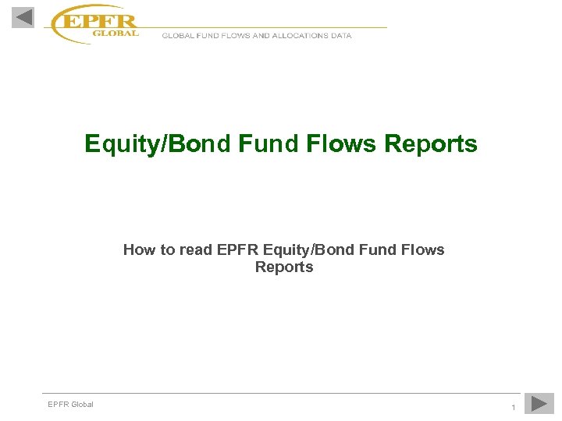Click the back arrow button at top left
point(23,17)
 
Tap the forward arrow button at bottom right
point(539,403)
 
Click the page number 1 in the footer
point(513,408)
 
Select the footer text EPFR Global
point(70,404)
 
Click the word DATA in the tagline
point(341,35)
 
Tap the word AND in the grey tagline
point(261,35)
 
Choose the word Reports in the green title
point(431,144)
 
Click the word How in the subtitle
point(137,250)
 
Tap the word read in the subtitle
point(196,250)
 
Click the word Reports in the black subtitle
point(284,267)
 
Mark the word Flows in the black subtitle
point(423,250)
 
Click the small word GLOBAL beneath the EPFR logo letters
point(115,33)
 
